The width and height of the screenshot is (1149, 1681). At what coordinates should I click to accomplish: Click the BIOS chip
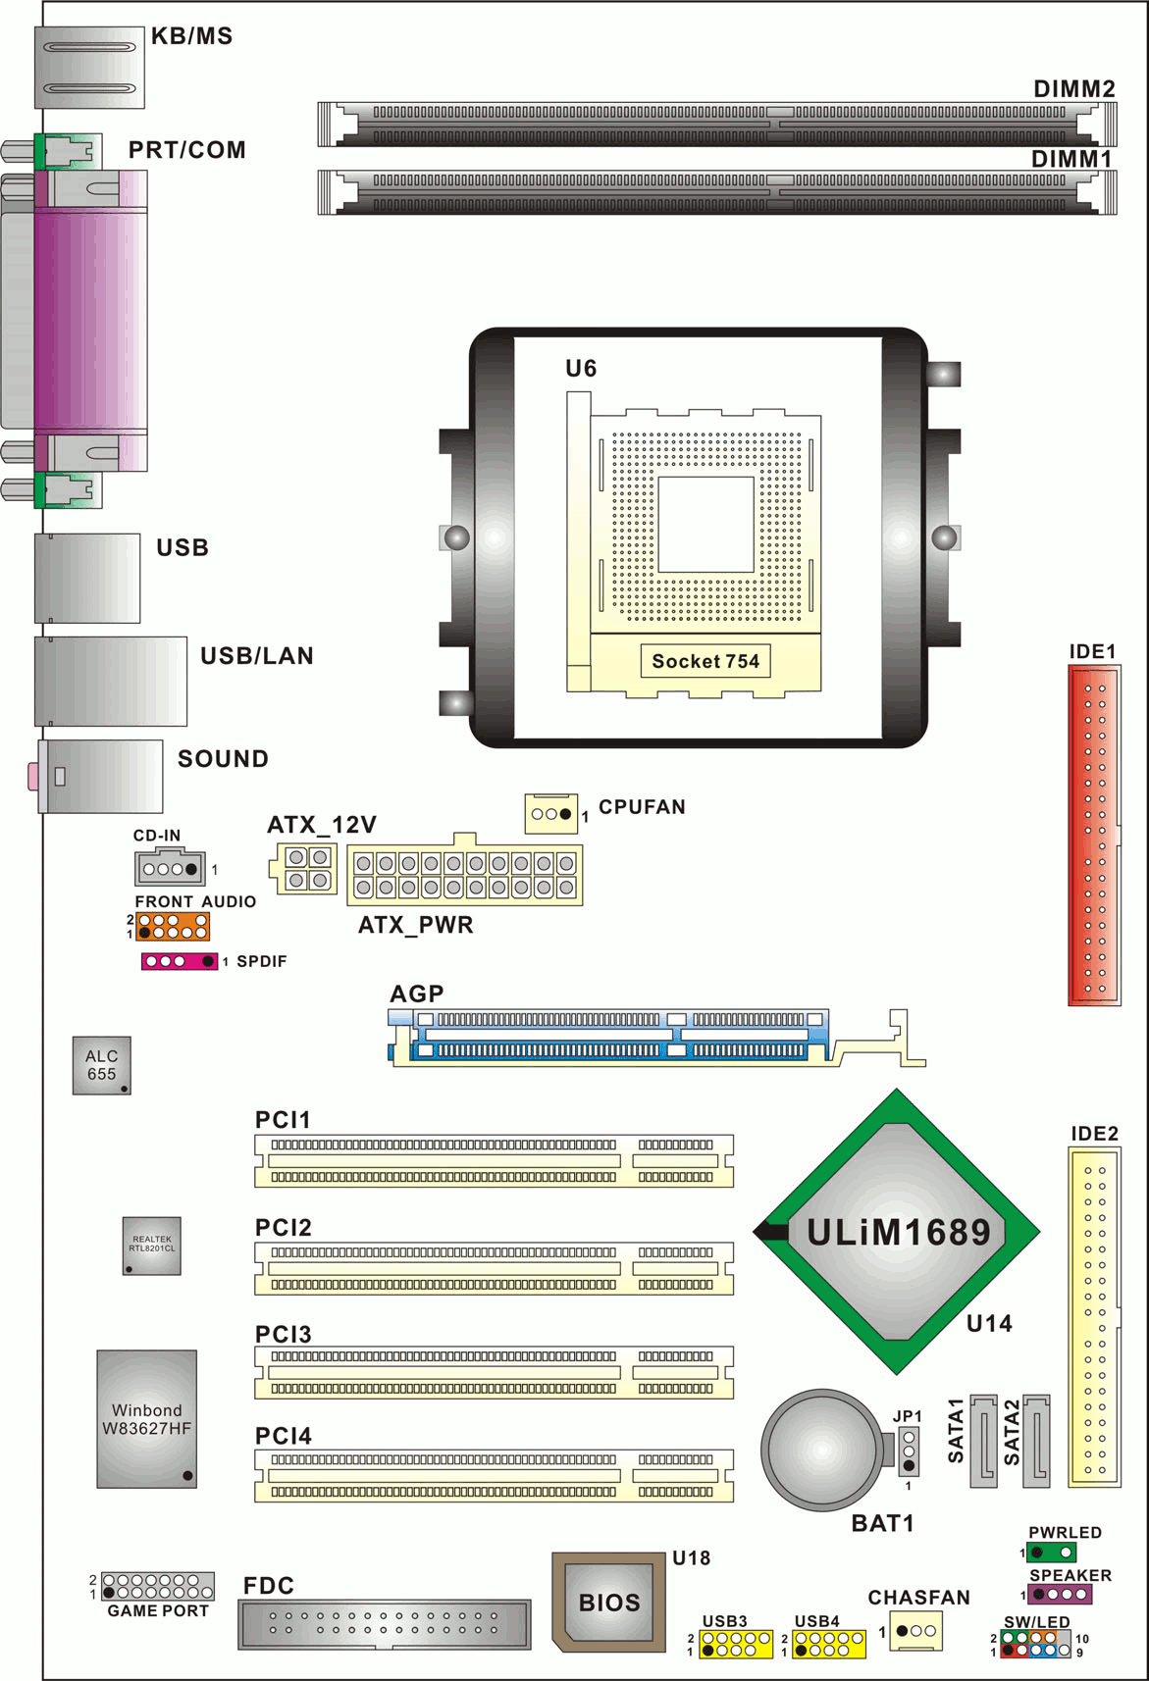pos(608,1602)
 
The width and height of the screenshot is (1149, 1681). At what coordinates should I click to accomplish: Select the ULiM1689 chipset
pos(897,1232)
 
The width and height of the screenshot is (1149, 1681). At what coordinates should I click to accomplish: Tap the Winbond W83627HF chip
pos(146,1419)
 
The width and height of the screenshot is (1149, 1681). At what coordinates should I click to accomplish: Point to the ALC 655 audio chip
pos(101,1065)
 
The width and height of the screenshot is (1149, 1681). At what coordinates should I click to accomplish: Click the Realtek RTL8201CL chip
pos(152,1246)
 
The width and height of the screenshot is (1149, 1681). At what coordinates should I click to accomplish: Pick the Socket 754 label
pos(705,660)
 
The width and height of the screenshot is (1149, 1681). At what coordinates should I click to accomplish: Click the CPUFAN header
pos(551,813)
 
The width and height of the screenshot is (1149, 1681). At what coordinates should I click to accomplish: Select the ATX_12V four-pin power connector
pos(303,868)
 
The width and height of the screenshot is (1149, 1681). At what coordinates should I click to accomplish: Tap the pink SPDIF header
pos(180,961)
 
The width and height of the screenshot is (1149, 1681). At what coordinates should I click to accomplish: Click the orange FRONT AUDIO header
pos(173,926)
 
